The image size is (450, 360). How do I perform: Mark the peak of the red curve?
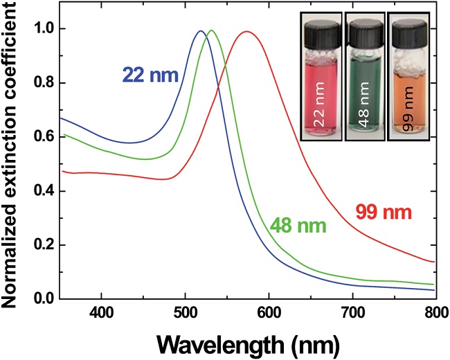point(397,31)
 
